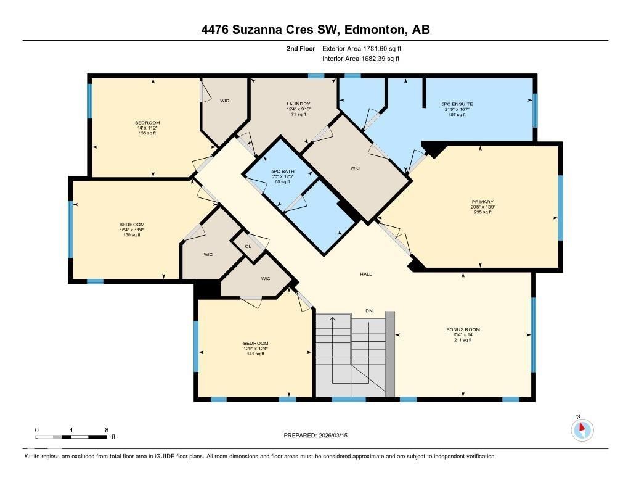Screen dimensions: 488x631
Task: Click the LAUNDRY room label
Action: coord(298,104)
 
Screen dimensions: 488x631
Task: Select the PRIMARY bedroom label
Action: coord(483,201)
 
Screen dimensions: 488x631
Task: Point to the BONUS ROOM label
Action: coord(463,329)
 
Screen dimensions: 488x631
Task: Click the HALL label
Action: coord(366,274)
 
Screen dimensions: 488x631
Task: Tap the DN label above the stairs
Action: coord(368,310)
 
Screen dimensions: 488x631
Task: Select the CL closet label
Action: coord(248,246)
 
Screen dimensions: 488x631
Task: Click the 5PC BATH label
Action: coord(283,171)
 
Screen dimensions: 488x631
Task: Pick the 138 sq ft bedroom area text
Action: coord(147,133)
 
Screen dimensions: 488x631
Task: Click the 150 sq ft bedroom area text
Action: coord(131,234)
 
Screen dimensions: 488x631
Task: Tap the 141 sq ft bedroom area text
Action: coord(255,354)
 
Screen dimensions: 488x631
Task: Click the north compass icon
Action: coord(582,429)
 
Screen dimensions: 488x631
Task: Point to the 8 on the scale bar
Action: coord(107,430)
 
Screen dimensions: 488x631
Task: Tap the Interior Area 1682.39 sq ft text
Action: coord(361,59)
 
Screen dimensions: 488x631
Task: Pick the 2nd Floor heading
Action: coord(301,48)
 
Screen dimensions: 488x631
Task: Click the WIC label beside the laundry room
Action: coord(224,101)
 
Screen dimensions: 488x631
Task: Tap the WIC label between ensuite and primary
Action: coord(355,168)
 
